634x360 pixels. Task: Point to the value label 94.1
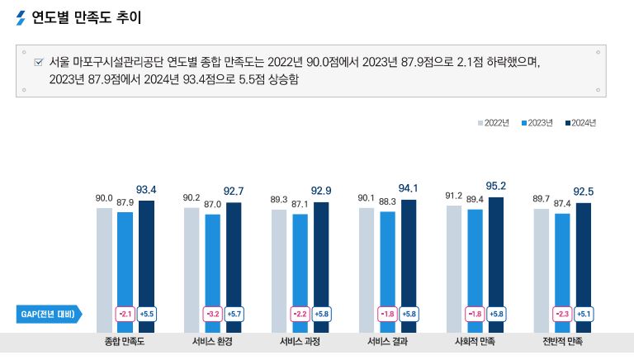[409, 187]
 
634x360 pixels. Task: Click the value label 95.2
[496, 186]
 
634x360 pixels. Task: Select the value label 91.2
[453, 196]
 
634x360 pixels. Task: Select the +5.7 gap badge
[234, 315]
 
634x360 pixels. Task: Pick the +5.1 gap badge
[584, 315]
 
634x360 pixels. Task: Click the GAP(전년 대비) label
[48, 315]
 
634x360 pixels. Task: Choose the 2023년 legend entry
[537, 122]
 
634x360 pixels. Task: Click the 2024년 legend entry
[580, 122]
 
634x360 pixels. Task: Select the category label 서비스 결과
[387, 341]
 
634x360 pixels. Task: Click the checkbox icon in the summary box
[38, 63]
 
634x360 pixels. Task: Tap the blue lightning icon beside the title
[21, 17]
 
